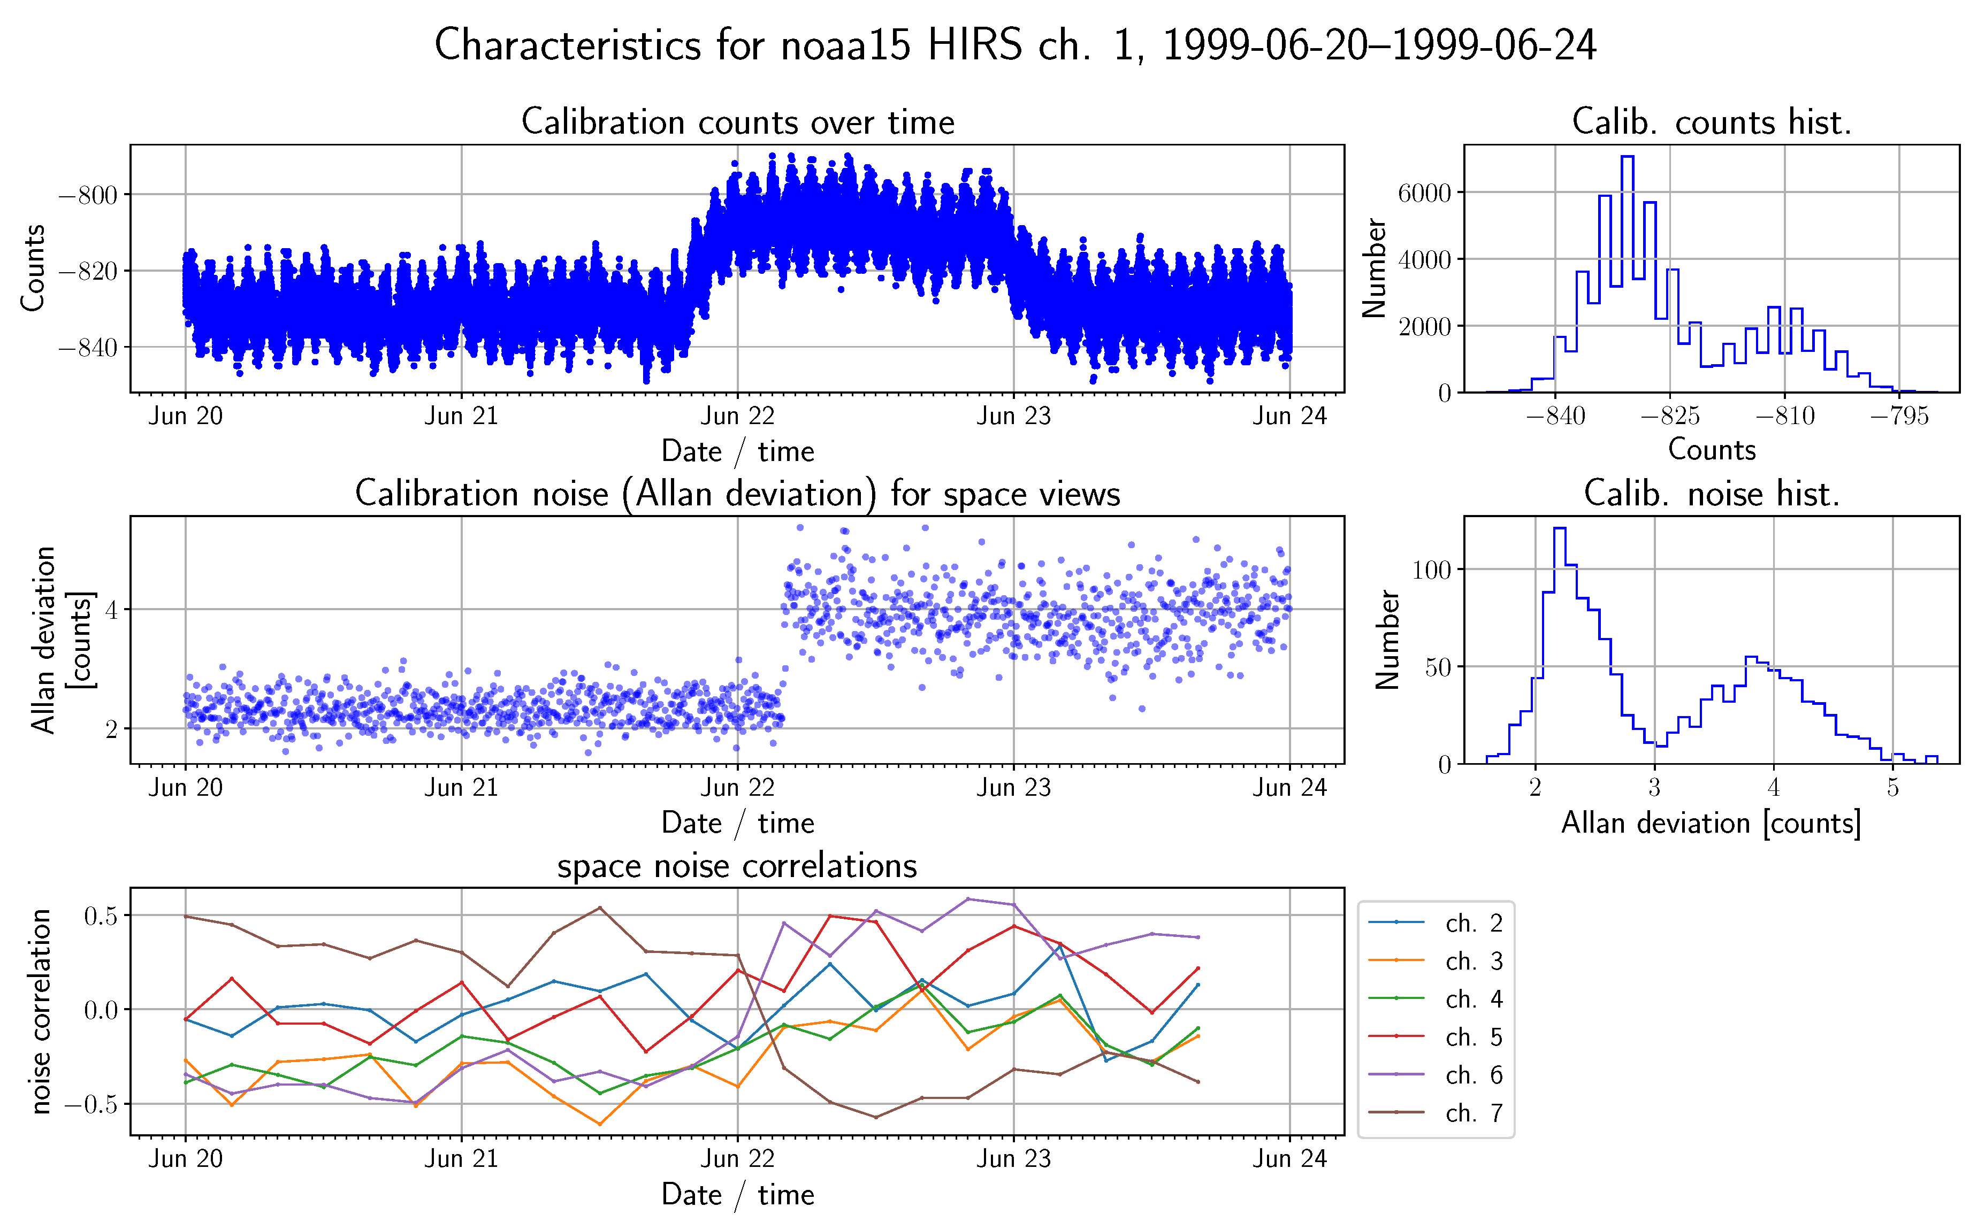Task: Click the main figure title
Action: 1015,45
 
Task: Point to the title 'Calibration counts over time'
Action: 737,122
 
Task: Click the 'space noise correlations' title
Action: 737,866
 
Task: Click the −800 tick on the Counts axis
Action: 88,195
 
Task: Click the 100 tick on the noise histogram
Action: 1431,570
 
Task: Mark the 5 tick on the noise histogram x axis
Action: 1892,787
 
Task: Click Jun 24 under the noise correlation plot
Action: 1289,1158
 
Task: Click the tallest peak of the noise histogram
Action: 1559,529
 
